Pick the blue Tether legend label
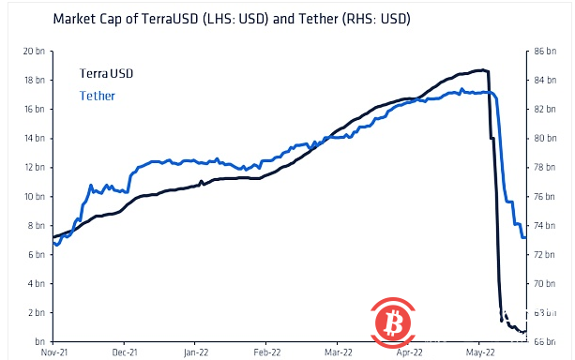(98, 96)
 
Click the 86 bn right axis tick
(545, 52)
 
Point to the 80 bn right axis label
(545, 139)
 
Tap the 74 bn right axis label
(545, 226)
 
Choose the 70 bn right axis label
(545, 283)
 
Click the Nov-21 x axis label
(53, 353)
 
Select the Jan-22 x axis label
(195, 353)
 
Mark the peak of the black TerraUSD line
(480, 70)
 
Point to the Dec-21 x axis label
(124, 353)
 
